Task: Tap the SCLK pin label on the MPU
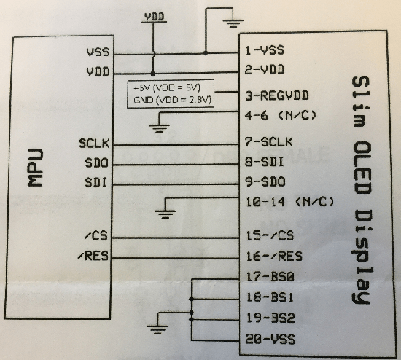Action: coord(93,143)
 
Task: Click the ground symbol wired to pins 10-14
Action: coord(167,213)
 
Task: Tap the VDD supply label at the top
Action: coord(154,15)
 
